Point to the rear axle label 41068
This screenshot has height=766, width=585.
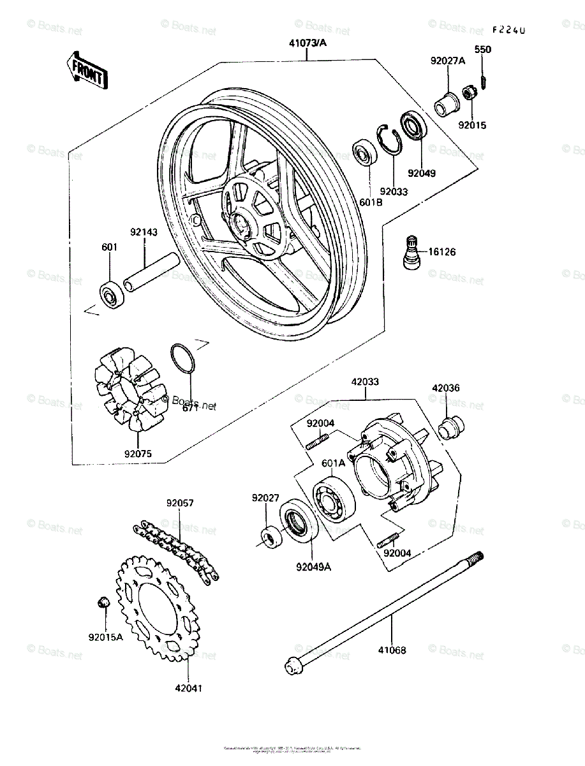pyautogui.click(x=391, y=650)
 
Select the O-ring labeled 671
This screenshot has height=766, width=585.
pyautogui.click(x=182, y=357)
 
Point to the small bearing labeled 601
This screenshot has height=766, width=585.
pyautogui.click(x=112, y=294)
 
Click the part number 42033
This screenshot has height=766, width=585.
pyautogui.click(x=364, y=382)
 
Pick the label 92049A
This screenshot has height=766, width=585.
pyautogui.click(x=313, y=566)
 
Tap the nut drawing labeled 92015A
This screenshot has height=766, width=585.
pyautogui.click(x=103, y=603)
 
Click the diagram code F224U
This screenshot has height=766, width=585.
pyautogui.click(x=508, y=30)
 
